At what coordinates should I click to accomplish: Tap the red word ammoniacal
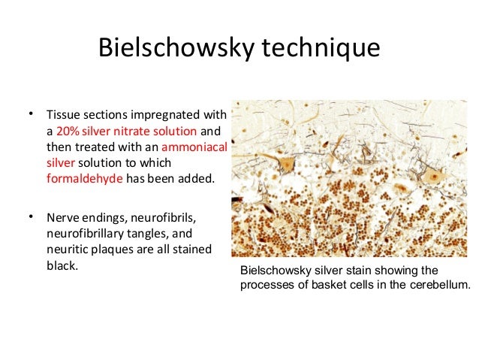[x=194, y=147]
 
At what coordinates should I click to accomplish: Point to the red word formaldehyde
[x=85, y=179]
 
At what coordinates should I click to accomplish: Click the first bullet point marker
[x=31, y=114]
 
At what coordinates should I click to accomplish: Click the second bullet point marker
[x=31, y=217]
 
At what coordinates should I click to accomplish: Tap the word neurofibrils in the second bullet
[x=164, y=219]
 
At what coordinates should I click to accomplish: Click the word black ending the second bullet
[x=62, y=265]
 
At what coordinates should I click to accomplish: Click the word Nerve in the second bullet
[x=63, y=219]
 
